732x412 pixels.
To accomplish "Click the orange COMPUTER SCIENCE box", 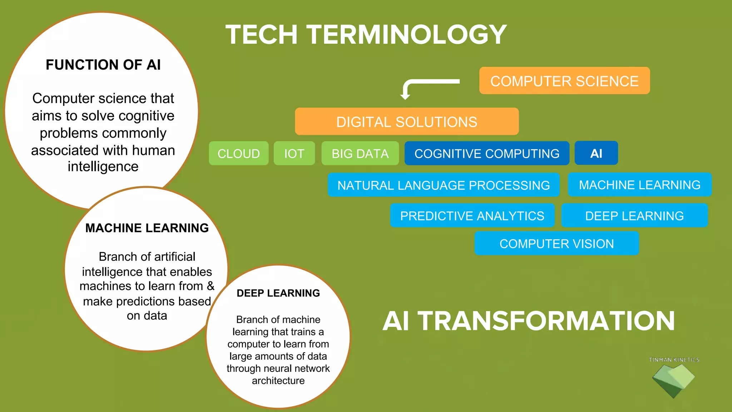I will click(x=564, y=81).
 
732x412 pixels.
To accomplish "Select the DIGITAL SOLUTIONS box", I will click(x=407, y=122).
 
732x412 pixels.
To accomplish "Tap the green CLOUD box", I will click(x=238, y=153).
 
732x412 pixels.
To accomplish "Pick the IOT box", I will click(x=294, y=153).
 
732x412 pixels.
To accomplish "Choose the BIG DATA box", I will click(x=360, y=153).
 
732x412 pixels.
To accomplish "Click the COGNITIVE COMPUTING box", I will click(x=487, y=153).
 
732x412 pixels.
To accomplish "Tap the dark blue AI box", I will click(x=596, y=153).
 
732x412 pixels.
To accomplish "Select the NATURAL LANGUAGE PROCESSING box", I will click(x=444, y=185).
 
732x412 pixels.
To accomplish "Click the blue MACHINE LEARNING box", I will click(x=639, y=185).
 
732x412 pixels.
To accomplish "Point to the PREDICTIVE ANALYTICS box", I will click(x=472, y=216).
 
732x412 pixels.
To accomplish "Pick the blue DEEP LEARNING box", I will click(x=634, y=216).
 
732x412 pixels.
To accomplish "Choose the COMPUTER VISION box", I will click(x=557, y=244).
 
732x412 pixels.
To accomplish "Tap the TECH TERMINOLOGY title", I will click(x=366, y=35).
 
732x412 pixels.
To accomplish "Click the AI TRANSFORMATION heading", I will click(x=529, y=321).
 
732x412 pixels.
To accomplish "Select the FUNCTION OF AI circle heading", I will click(x=103, y=65).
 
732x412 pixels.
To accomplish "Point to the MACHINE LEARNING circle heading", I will click(x=147, y=228).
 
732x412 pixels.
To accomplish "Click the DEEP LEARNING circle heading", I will click(x=278, y=293).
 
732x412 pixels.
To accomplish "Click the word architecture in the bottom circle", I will click(x=278, y=381).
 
